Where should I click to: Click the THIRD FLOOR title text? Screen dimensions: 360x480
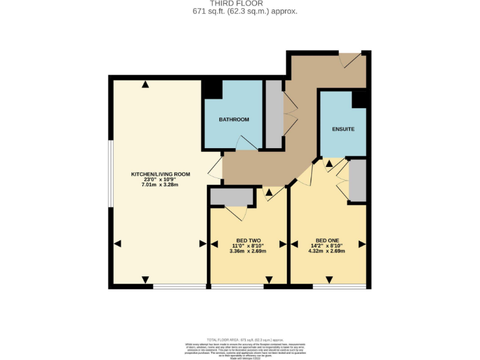tap(240, 3)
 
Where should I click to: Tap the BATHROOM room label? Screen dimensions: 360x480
tap(234, 119)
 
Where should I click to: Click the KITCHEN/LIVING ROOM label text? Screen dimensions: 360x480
tap(160, 174)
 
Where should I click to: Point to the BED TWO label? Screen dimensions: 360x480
tap(248, 241)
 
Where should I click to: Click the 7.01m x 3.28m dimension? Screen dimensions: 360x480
tap(160, 185)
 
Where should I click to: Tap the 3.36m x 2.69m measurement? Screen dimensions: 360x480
tap(248, 251)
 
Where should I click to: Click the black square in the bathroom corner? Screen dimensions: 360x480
tap(212, 89)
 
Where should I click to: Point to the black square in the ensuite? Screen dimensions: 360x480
tap(360, 99)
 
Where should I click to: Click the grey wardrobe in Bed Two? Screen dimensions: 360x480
tap(232, 197)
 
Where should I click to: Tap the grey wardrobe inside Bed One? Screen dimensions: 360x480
tap(357, 180)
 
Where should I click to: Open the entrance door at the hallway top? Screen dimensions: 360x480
tap(350, 60)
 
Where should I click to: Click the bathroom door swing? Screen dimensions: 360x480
tap(246, 143)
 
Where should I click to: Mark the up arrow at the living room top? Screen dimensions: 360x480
tap(146, 84)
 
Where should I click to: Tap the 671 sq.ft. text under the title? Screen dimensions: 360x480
tap(240, 11)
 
